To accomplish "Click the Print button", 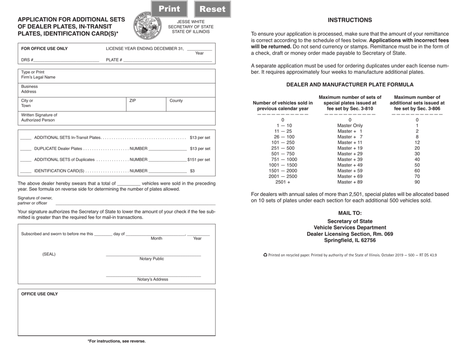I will click(x=169, y=9).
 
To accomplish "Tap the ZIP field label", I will click(x=133, y=101).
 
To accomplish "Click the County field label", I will click(x=176, y=101).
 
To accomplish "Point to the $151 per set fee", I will click(x=199, y=160).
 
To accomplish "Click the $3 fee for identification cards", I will click(x=192, y=171).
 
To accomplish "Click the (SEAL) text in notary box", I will click(x=49, y=254).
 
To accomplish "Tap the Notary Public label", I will click(x=152, y=259).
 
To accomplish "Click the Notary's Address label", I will click(x=152, y=279).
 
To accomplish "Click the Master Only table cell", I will click(x=350, y=125).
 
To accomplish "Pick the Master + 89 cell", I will click(x=350, y=182).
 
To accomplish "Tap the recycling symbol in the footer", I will click(x=265, y=255).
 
